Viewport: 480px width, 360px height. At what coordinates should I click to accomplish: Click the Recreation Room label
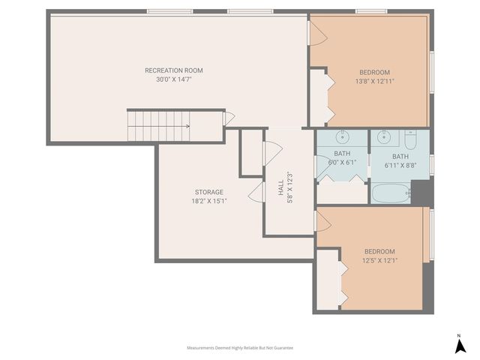[x=174, y=70]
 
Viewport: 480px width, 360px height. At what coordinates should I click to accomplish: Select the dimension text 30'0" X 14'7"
[x=174, y=79]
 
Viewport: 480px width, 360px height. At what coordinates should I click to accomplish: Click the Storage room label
[x=209, y=192]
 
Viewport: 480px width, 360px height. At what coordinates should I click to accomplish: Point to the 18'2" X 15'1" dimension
[x=209, y=201]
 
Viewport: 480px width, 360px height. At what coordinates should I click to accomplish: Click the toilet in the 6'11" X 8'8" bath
[x=410, y=139]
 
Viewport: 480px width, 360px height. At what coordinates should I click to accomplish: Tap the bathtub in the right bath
[x=391, y=194]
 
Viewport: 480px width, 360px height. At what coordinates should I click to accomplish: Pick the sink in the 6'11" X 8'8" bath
[x=385, y=136]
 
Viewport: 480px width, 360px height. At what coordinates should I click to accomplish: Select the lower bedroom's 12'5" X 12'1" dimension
[x=379, y=260]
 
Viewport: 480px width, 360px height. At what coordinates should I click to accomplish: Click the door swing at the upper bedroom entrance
[x=317, y=31]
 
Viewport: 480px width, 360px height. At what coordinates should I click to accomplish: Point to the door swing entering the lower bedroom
[x=323, y=221]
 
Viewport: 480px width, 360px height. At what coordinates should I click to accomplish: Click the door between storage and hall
[x=257, y=193]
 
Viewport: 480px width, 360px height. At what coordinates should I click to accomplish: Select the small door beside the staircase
[x=229, y=118]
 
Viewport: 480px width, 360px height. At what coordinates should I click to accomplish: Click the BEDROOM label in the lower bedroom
[x=379, y=251]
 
